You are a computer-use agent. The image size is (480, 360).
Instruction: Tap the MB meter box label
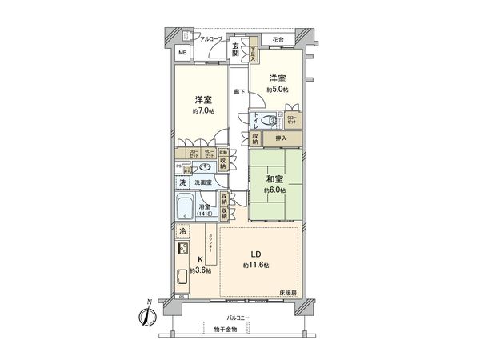pos(182,54)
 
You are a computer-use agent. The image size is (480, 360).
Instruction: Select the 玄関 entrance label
pos(237,49)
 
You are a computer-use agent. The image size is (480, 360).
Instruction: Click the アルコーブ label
pos(211,38)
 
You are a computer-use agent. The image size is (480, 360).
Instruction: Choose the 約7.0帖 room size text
pos(202,111)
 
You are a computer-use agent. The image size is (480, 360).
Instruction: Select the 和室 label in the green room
pos(275,178)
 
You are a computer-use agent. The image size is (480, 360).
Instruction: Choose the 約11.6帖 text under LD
pos(258,265)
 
